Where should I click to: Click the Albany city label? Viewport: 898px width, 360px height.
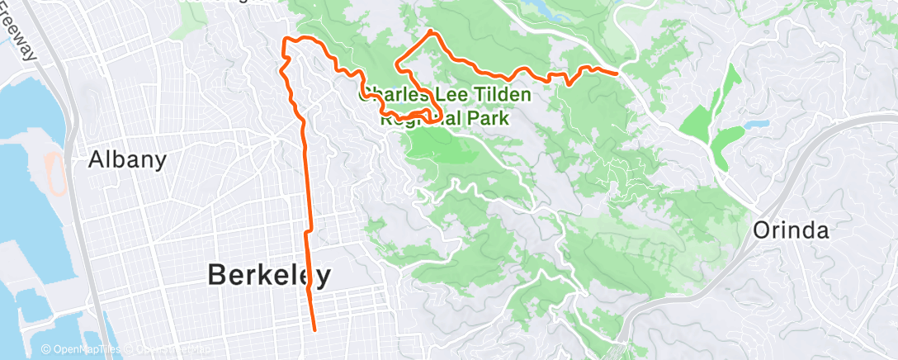tap(128, 159)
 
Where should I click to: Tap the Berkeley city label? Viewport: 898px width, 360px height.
tap(269, 275)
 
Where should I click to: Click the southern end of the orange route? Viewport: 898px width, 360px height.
tap(314, 330)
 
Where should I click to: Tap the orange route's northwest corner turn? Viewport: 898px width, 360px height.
tap(286, 39)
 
